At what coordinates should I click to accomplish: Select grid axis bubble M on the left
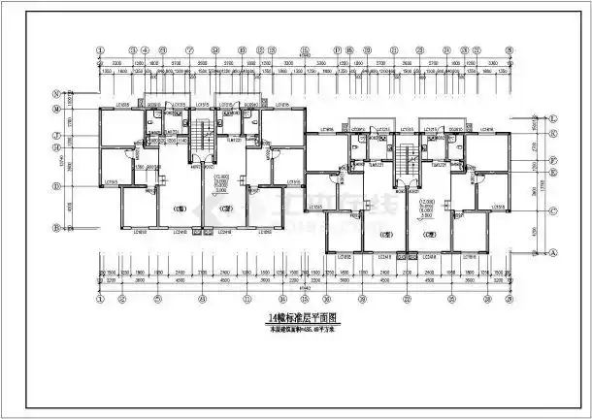58,110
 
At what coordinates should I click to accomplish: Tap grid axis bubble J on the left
58,134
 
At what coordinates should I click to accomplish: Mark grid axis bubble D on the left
58,184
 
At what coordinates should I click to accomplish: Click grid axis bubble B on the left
58,229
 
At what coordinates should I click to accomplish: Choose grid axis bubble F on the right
552,158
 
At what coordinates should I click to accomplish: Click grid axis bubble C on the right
552,210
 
